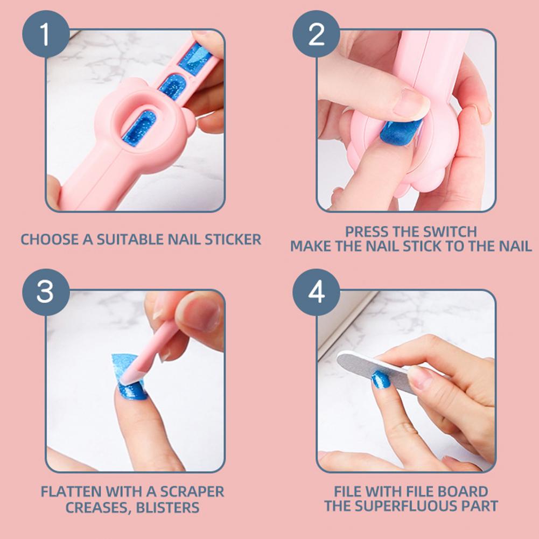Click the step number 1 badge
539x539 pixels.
click(x=46, y=34)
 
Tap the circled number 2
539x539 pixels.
click(x=316, y=34)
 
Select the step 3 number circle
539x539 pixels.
click(x=46, y=292)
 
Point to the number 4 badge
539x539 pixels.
click(x=316, y=292)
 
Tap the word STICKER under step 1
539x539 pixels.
click(x=233, y=240)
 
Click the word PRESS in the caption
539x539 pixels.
click(x=365, y=232)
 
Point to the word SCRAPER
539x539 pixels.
click(x=192, y=492)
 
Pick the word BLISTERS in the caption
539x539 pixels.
click(x=168, y=508)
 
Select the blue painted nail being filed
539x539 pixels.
click(x=380, y=380)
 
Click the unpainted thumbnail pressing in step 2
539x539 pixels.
click(x=411, y=103)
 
